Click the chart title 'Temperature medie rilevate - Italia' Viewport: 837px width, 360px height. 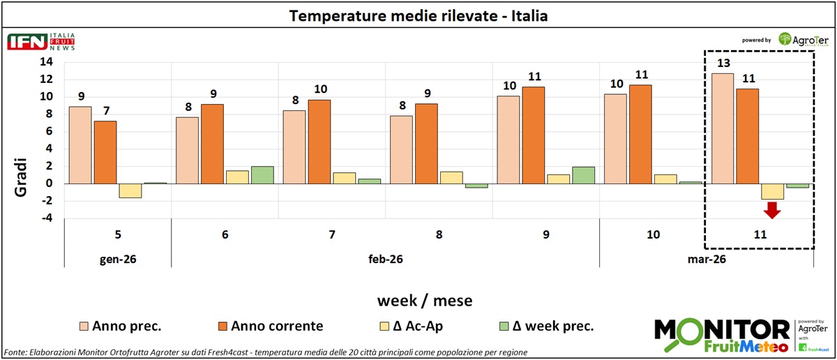click(418, 15)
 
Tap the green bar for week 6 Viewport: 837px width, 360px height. click(263, 174)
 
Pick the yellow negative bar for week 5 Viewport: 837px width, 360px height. click(130, 190)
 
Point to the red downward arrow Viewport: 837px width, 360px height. click(772, 209)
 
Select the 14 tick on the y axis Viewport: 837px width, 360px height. click(46, 61)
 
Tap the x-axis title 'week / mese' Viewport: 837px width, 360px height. click(425, 301)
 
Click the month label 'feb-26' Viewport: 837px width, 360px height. click(385, 259)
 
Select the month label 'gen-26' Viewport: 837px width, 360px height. click(117, 259)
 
